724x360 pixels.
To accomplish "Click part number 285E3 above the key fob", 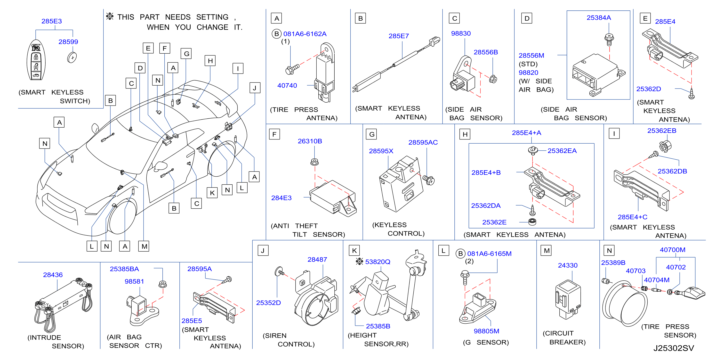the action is coord(52,21).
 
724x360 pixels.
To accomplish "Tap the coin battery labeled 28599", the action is coord(72,57).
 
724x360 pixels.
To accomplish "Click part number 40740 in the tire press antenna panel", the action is coord(287,85).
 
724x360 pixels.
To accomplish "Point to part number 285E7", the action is coord(399,36).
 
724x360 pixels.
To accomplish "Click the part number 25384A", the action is coord(599,18).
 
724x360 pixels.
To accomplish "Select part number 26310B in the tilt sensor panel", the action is coord(310,141).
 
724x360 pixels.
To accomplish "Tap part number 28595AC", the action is coord(423,143).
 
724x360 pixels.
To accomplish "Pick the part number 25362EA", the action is coord(562,151).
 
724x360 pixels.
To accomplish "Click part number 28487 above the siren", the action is coord(317,260).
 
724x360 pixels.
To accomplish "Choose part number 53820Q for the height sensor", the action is coord(378,262).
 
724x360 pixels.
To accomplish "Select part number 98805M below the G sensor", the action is coord(486,331).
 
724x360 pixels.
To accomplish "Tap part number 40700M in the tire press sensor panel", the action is coord(673,250).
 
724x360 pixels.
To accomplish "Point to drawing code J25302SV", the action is coord(673,348).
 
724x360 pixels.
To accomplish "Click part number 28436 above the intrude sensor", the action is coord(53,275).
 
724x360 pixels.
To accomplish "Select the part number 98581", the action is coord(134,282).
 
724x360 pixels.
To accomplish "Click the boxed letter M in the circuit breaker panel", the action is coord(546,251).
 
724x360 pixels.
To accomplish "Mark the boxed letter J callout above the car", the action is coord(255,88).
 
